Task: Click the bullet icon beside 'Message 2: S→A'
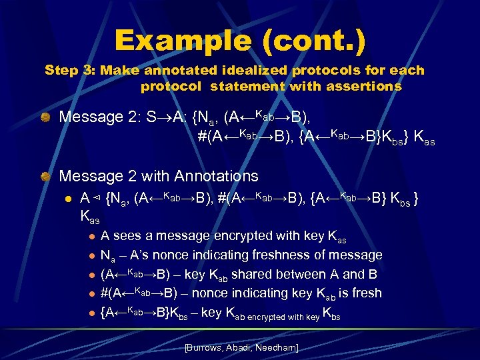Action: click(45, 117)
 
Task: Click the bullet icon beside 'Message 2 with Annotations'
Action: click(45, 177)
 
